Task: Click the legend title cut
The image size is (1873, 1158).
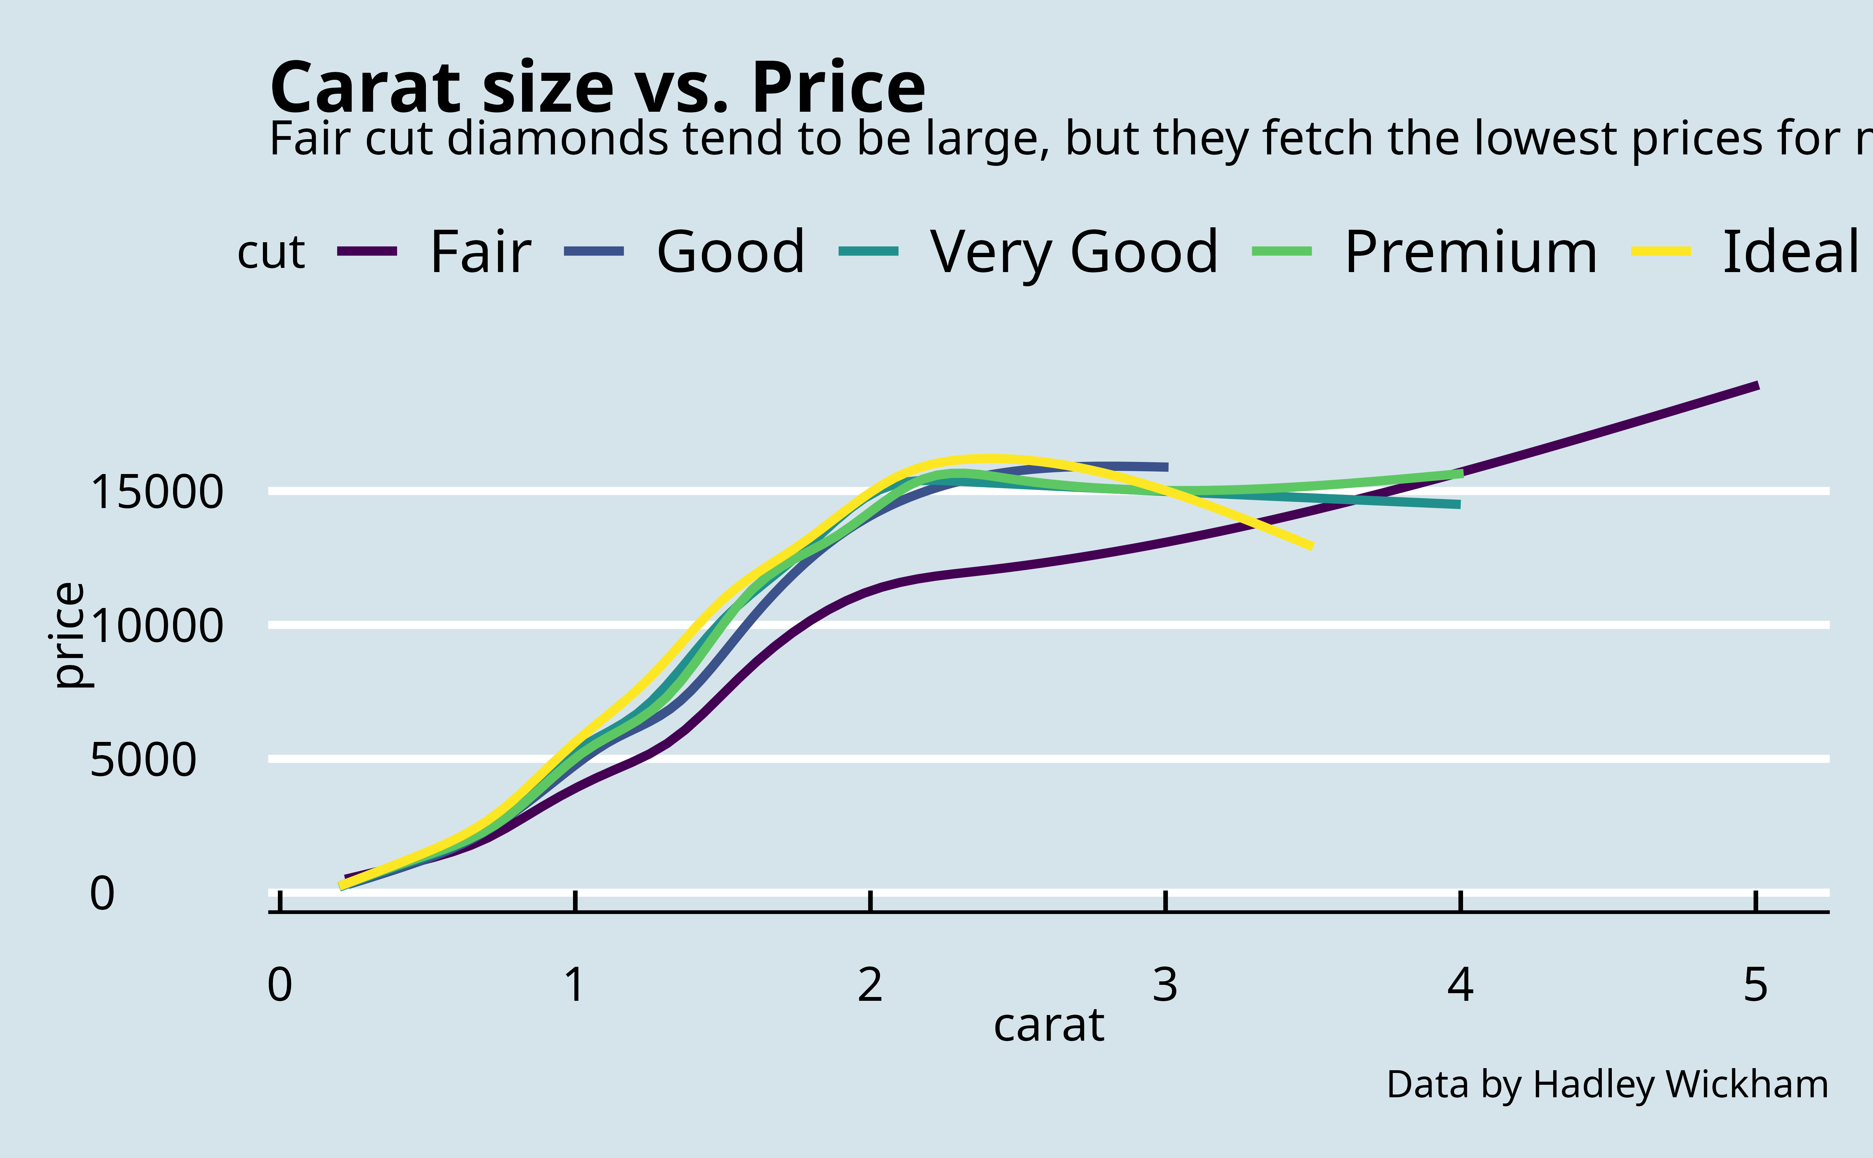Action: pos(271,253)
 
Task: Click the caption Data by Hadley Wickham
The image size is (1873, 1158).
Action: pos(1607,1084)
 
